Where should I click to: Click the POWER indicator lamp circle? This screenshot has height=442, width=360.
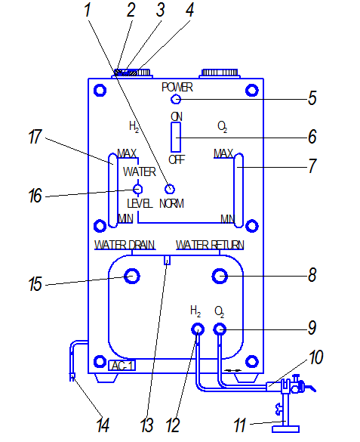point(176,99)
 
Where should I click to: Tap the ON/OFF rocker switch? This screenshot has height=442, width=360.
point(176,138)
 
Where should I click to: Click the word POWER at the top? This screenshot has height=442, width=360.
point(177,87)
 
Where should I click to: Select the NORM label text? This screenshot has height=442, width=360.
point(171,203)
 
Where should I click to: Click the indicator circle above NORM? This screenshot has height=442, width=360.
point(170,189)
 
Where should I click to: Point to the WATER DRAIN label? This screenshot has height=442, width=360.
point(125,245)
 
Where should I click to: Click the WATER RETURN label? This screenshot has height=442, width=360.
point(210,245)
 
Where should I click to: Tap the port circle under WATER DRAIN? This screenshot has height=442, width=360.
point(132,276)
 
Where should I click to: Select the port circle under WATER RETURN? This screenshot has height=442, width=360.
point(220,276)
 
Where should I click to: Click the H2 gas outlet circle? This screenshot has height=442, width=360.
point(198,329)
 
